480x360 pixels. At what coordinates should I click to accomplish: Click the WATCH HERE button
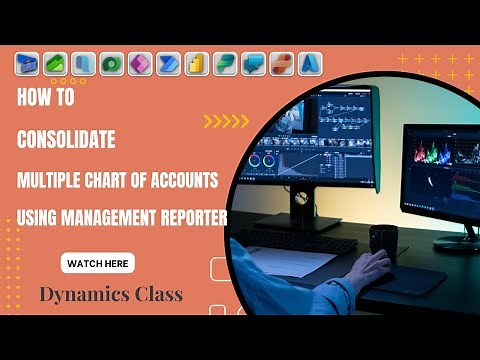98,264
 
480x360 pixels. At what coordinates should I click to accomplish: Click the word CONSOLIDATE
73,140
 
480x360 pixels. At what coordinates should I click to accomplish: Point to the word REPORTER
190,217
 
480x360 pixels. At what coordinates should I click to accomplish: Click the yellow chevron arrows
226,121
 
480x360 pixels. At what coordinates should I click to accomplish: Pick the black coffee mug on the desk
382,240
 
